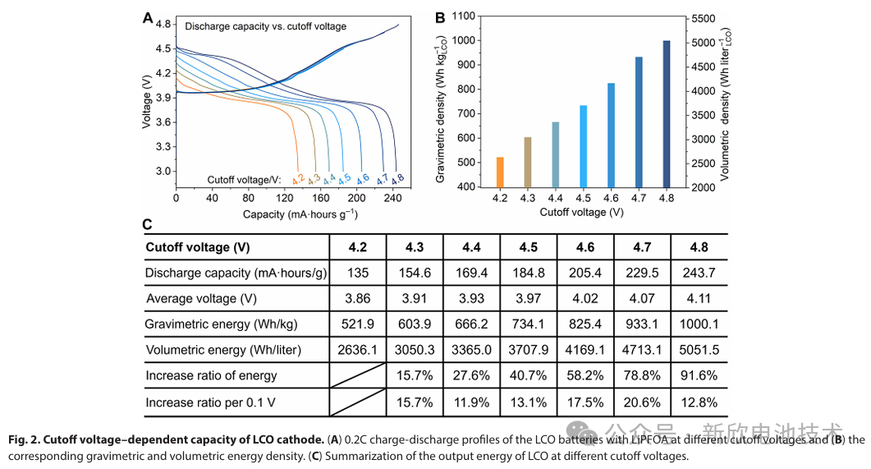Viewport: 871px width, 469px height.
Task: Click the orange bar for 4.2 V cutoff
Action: [500, 172]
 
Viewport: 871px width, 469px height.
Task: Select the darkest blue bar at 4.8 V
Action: [667, 114]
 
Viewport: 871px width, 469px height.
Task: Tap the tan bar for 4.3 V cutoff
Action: [528, 163]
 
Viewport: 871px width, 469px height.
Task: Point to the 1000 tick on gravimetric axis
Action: [464, 40]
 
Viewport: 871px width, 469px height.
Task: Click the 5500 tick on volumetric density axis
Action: [704, 19]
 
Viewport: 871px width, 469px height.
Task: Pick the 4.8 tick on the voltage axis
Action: [163, 24]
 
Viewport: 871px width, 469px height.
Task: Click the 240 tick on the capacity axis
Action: [392, 198]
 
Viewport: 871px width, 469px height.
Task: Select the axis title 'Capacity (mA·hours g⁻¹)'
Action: [300, 214]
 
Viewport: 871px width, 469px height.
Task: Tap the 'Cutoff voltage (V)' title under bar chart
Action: [581, 212]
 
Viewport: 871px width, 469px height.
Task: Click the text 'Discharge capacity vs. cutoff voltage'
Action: [265, 26]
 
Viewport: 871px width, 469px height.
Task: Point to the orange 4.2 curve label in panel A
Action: [298, 179]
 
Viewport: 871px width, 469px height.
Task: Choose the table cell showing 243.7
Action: [699, 273]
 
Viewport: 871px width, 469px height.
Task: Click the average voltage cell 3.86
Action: [358, 298]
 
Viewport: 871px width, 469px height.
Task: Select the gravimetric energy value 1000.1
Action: [699, 324]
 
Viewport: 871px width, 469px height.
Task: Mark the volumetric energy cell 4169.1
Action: [585, 350]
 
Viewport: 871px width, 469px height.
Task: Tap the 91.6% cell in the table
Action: [699, 375]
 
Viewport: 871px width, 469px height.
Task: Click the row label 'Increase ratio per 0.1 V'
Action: [210, 402]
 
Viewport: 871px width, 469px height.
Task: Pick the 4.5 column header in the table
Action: [529, 247]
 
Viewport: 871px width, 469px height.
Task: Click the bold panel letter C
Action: [147, 224]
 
